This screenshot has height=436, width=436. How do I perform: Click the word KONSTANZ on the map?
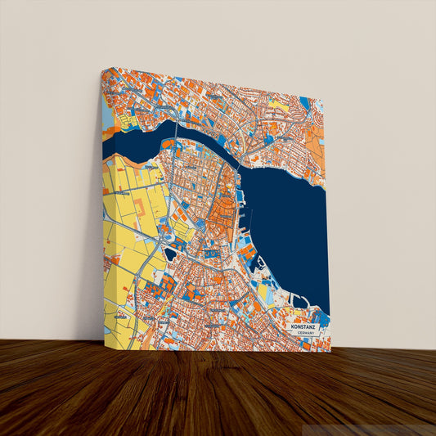point(307,326)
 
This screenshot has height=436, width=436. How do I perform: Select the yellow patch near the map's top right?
point(279,106)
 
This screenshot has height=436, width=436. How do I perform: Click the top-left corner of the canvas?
point(101,69)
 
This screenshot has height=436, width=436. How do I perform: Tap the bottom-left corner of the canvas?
point(105,341)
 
